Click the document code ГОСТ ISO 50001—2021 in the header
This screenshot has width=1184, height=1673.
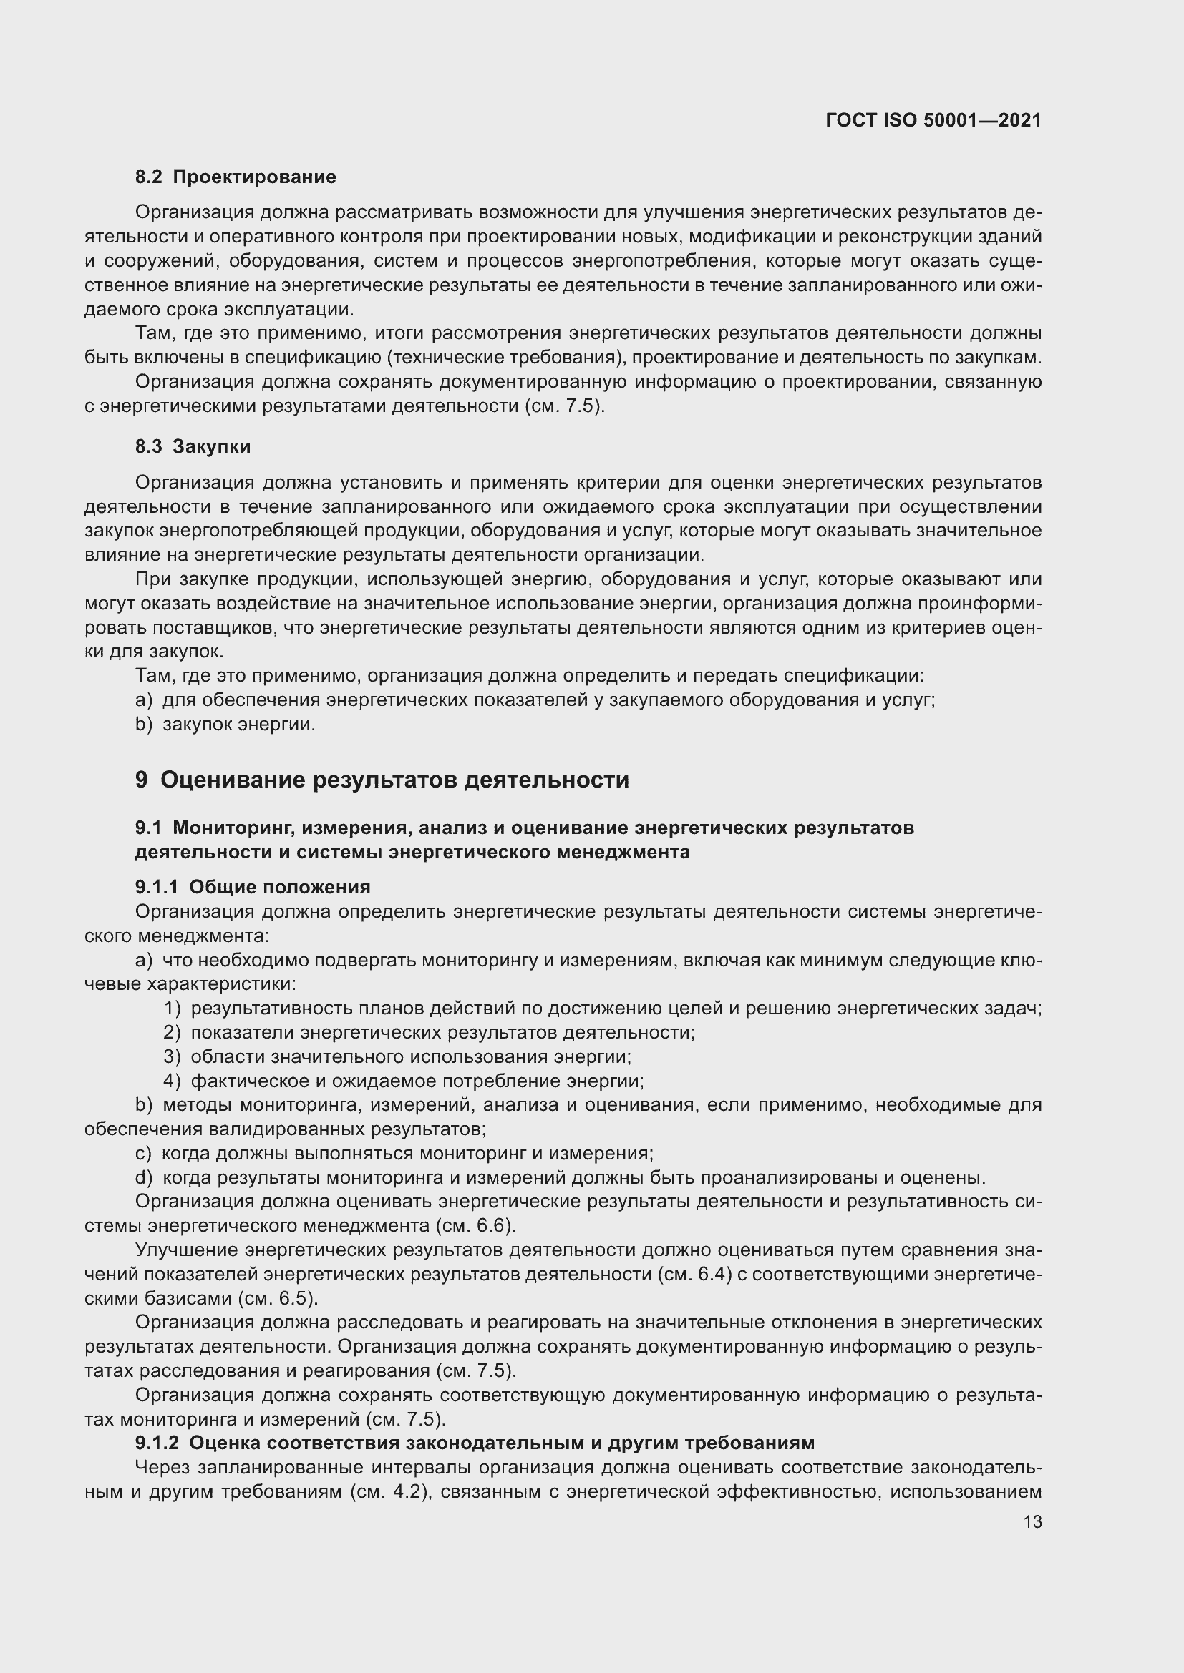coord(933,120)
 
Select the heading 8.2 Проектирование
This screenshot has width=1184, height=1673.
coord(236,177)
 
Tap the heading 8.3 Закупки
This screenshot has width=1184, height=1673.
coord(193,446)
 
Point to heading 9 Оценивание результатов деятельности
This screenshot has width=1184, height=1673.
coord(382,780)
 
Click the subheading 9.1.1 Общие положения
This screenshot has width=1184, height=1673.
coord(253,887)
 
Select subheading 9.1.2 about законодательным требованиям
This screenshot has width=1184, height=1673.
coord(475,1443)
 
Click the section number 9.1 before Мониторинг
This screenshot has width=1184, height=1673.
coord(148,828)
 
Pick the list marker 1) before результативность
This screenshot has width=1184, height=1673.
coord(172,1009)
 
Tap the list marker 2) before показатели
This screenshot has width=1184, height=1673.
coord(172,1033)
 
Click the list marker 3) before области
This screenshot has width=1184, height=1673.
coord(172,1056)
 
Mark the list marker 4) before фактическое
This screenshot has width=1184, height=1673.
coord(172,1081)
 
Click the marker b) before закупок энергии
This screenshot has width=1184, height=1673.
coord(144,725)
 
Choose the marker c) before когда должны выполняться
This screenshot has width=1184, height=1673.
coord(144,1154)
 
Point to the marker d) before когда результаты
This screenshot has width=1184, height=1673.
coord(144,1177)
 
